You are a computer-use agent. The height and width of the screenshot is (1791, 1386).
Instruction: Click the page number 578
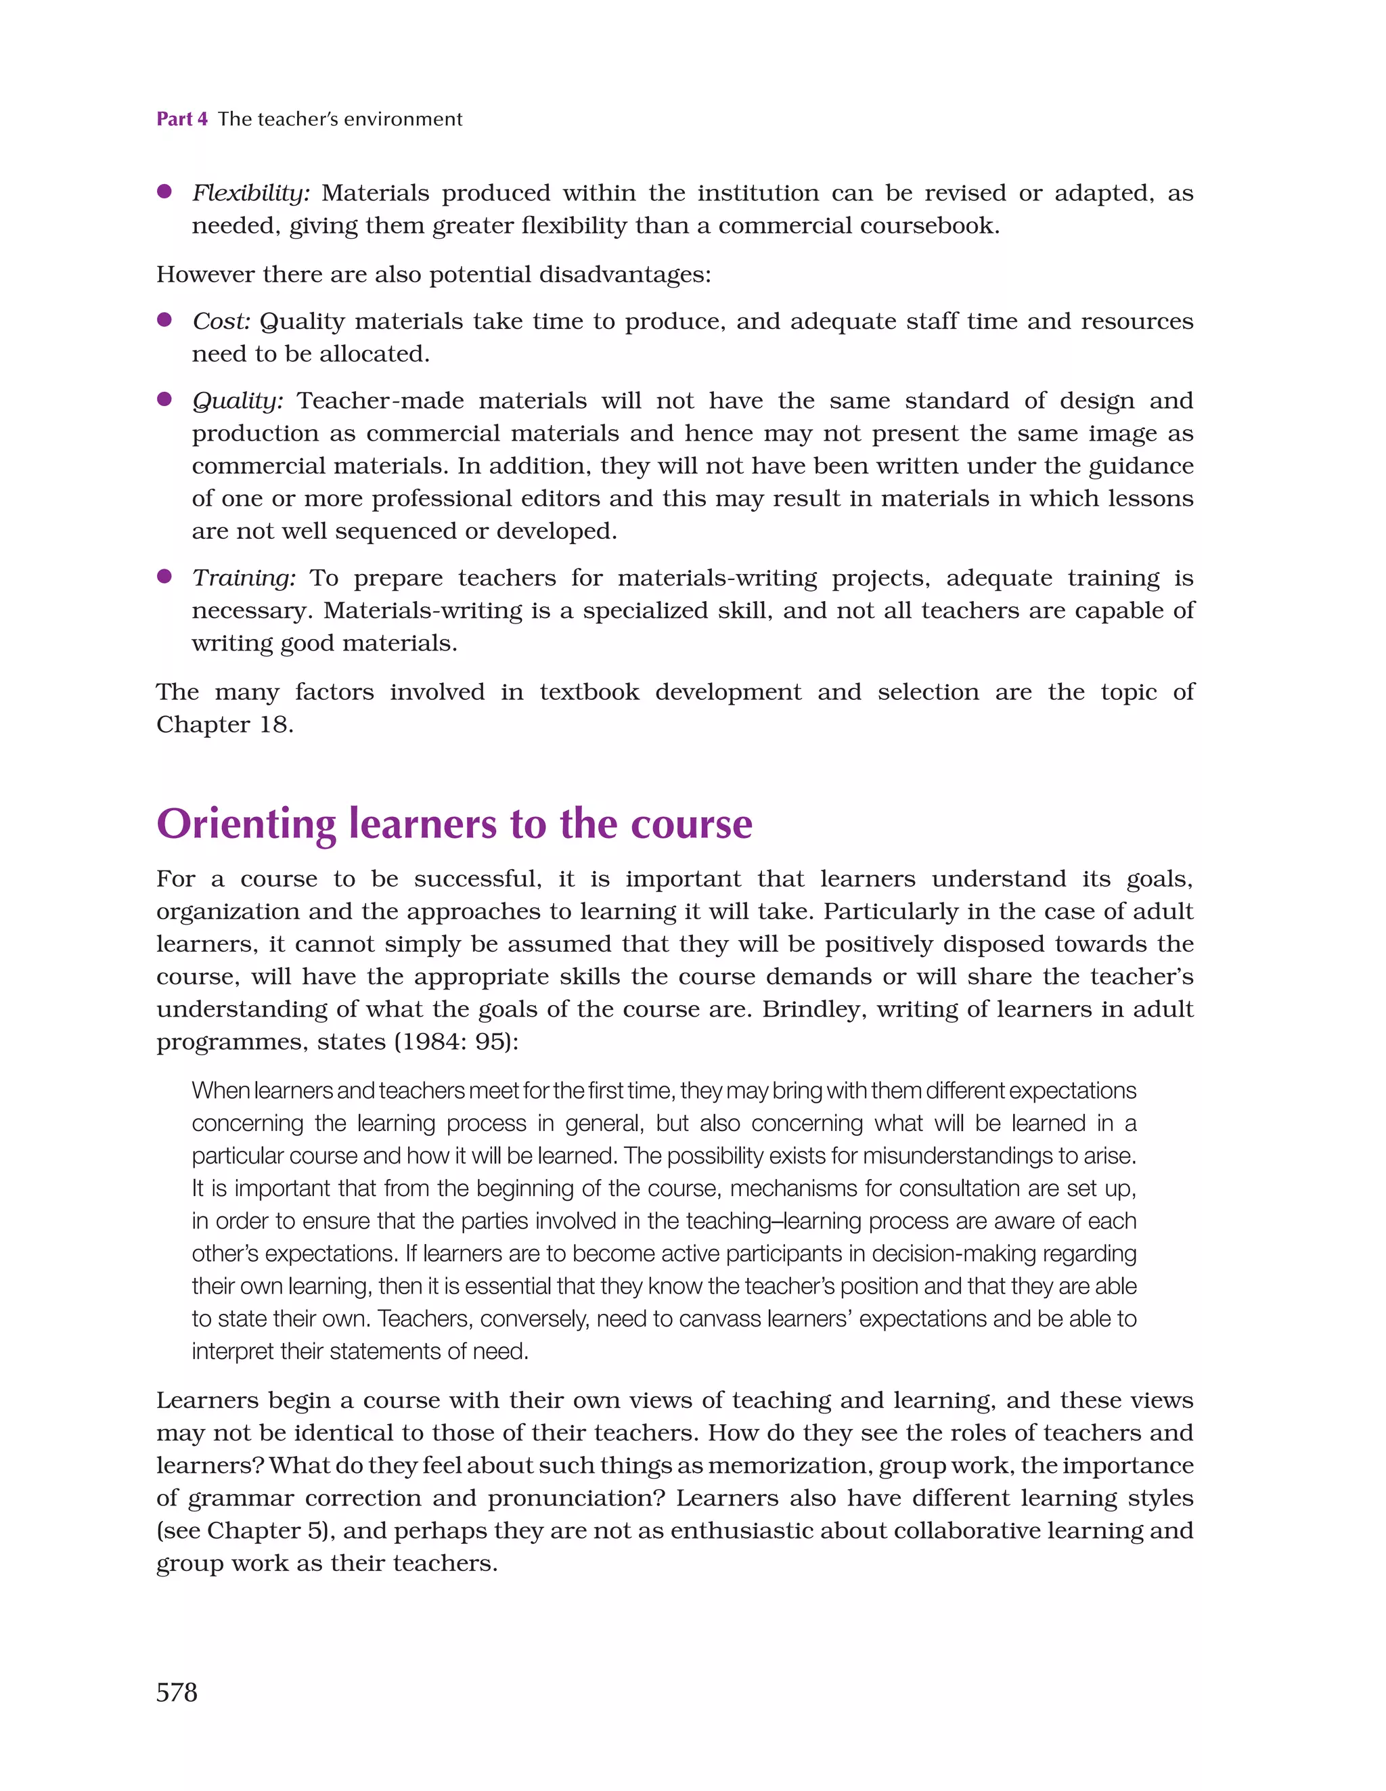point(177,1693)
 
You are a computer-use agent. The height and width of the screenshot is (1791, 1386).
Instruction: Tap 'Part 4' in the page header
point(181,119)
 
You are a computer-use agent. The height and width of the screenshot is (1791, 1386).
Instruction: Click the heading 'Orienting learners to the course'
point(453,824)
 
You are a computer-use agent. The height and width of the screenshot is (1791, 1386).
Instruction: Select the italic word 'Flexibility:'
point(251,194)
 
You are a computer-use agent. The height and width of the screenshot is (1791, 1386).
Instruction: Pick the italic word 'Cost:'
point(221,322)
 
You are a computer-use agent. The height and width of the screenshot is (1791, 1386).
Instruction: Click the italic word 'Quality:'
point(238,401)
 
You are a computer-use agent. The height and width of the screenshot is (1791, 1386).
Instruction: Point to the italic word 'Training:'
point(244,578)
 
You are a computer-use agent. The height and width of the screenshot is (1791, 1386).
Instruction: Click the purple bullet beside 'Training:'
point(164,577)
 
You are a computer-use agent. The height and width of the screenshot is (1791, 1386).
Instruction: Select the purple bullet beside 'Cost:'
point(164,319)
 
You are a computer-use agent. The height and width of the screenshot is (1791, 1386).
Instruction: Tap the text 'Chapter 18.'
point(225,725)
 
